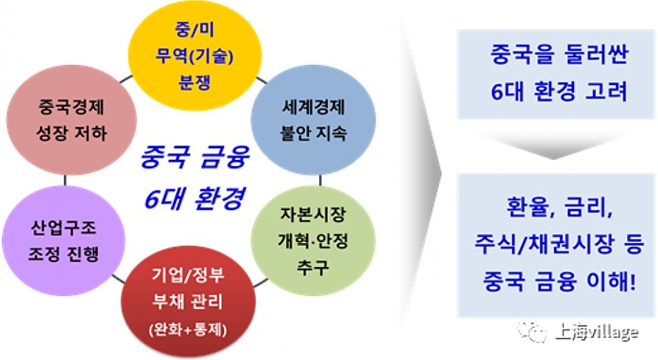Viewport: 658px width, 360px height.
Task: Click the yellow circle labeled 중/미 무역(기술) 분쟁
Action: tap(188, 52)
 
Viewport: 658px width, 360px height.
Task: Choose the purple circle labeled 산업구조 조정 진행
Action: tap(62, 237)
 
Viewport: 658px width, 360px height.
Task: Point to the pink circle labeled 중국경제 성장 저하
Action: tap(62, 118)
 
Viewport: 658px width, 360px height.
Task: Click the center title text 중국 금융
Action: tap(188, 156)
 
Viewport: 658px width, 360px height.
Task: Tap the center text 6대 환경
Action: tap(188, 195)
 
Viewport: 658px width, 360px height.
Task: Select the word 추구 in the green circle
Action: tap(313, 265)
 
